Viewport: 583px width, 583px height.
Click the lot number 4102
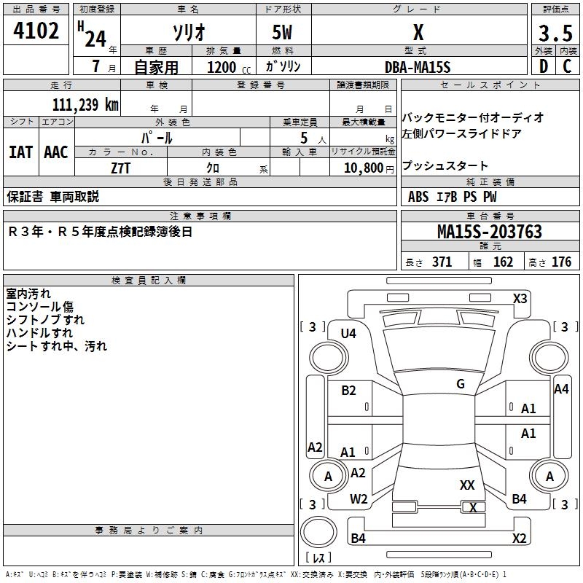point(36,31)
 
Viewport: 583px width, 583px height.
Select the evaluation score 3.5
point(555,34)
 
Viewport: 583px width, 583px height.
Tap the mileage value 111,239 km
point(85,104)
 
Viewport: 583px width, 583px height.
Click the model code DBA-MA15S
point(418,67)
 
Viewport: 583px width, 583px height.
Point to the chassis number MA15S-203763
point(490,232)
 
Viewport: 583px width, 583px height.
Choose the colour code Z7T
point(120,167)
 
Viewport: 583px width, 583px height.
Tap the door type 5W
point(283,34)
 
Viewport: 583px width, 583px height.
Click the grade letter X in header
point(418,33)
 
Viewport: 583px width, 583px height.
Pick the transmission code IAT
point(20,152)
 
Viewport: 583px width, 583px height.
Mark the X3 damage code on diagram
point(520,298)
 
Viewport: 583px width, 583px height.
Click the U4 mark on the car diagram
point(348,333)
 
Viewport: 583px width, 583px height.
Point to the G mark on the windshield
point(460,384)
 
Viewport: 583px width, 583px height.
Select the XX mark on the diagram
point(467,485)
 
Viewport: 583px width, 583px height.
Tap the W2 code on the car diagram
point(359,499)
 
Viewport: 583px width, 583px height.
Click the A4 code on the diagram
point(560,389)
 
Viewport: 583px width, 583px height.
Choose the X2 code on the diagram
point(519,538)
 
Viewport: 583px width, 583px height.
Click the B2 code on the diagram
point(348,391)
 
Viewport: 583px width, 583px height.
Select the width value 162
point(503,262)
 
